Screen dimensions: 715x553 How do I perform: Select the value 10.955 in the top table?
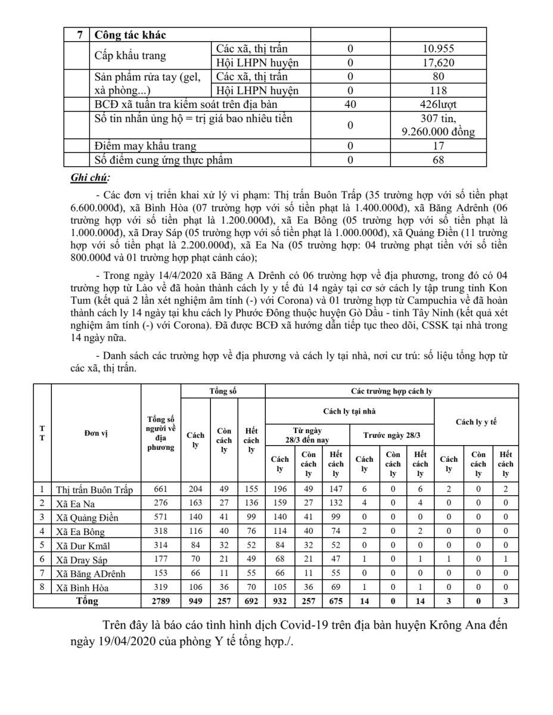[x=439, y=49]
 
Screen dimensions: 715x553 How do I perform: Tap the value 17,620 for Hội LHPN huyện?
[x=439, y=62]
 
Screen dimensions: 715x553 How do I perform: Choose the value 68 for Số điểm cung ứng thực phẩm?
[x=439, y=159]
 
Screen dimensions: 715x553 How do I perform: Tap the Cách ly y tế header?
[x=476, y=422]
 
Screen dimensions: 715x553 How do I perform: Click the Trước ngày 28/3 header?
[x=392, y=435]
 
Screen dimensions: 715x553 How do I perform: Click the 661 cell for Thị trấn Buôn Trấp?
[x=160, y=490]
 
